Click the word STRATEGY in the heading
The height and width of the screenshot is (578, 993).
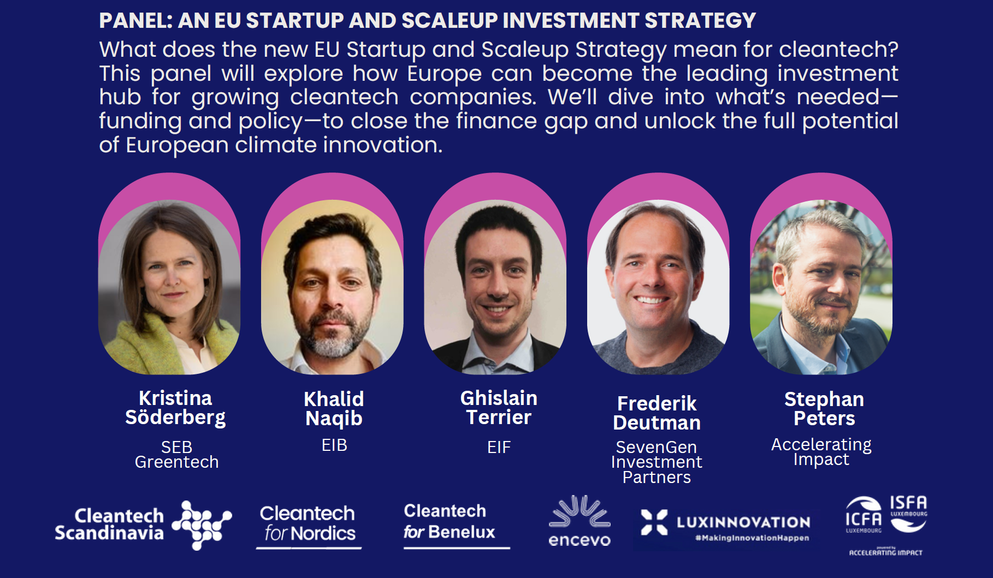coord(701,21)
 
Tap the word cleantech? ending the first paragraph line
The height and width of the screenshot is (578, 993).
coord(839,50)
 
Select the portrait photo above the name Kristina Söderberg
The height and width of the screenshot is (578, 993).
coord(169,287)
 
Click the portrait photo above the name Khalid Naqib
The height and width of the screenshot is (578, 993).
coord(332,287)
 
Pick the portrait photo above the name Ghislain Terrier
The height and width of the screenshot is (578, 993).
coord(495,287)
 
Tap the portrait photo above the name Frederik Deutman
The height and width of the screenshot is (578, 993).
coord(658,287)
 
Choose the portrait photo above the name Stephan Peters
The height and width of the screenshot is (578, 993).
coord(821,287)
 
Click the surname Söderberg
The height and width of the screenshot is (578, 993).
coord(175,418)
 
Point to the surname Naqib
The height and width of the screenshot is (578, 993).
coord(334,419)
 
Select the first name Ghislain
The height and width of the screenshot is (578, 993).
coord(499,398)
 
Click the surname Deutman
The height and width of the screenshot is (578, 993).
coord(657,423)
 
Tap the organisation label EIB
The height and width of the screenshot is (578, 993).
coord(334,445)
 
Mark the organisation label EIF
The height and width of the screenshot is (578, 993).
coord(499,448)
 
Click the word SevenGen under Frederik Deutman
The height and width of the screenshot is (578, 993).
coord(657,448)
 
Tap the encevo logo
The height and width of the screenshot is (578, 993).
coord(580,521)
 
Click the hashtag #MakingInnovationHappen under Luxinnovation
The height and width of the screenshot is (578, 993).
coord(752,538)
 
